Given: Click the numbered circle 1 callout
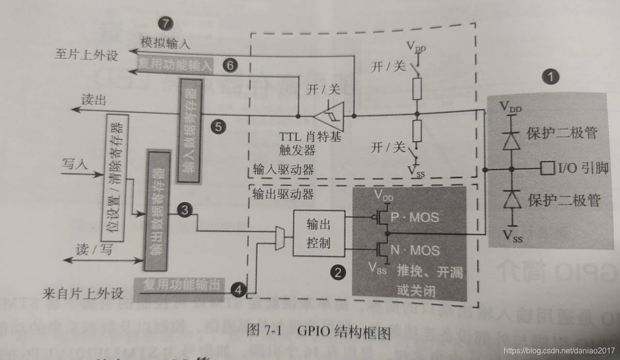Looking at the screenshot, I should pyautogui.click(x=550, y=76).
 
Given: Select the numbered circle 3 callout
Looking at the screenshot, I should pyautogui.click(x=185, y=210).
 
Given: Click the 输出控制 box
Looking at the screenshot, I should pyautogui.click(x=319, y=233).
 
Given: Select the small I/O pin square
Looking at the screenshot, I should pyautogui.click(x=547, y=169).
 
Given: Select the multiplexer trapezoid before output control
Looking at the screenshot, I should pyautogui.click(x=279, y=238).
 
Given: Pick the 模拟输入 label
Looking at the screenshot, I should pyautogui.click(x=165, y=43).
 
